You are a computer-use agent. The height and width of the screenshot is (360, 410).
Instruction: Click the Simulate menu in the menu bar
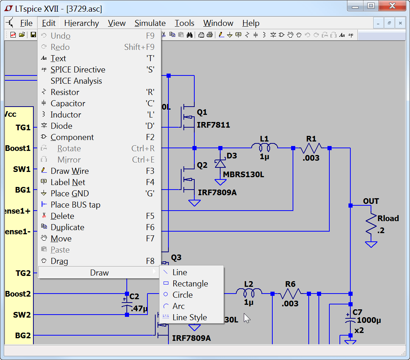(x=150, y=23)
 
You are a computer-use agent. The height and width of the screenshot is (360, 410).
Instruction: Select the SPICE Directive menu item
(x=78, y=70)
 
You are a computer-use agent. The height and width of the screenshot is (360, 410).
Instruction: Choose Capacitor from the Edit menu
(x=68, y=104)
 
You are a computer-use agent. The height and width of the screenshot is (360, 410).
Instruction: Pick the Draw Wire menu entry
(x=70, y=171)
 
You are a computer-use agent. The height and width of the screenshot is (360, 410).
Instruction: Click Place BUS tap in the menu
(x=75, y=205)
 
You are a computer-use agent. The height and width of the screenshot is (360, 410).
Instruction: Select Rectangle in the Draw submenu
(x=190, y=284)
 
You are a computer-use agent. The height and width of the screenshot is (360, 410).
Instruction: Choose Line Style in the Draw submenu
(x=189, y=318)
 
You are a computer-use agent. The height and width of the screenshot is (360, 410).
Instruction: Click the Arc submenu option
(x=179, y=306)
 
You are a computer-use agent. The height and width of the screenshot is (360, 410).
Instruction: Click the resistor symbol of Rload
(x=371, y=224)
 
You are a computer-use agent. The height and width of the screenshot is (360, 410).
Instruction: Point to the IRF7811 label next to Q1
(x=213, y=125)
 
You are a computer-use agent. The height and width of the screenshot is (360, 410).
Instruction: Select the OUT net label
(x=371, y=201)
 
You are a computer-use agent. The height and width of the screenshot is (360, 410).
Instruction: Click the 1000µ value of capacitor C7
(x=369, y=321)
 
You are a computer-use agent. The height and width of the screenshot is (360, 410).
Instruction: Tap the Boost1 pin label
(x=18, y=148)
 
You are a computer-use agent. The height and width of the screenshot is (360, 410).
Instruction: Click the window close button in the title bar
(x=392, y=6)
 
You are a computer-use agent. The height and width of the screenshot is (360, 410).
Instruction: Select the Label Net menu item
(x=68, y=182)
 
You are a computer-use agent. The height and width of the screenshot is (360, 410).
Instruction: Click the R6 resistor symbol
(x=290, y=294)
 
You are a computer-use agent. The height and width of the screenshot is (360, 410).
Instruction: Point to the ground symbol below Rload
(x=371, y=245)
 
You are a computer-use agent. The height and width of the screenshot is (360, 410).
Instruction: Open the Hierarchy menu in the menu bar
(x=81, y=23)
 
